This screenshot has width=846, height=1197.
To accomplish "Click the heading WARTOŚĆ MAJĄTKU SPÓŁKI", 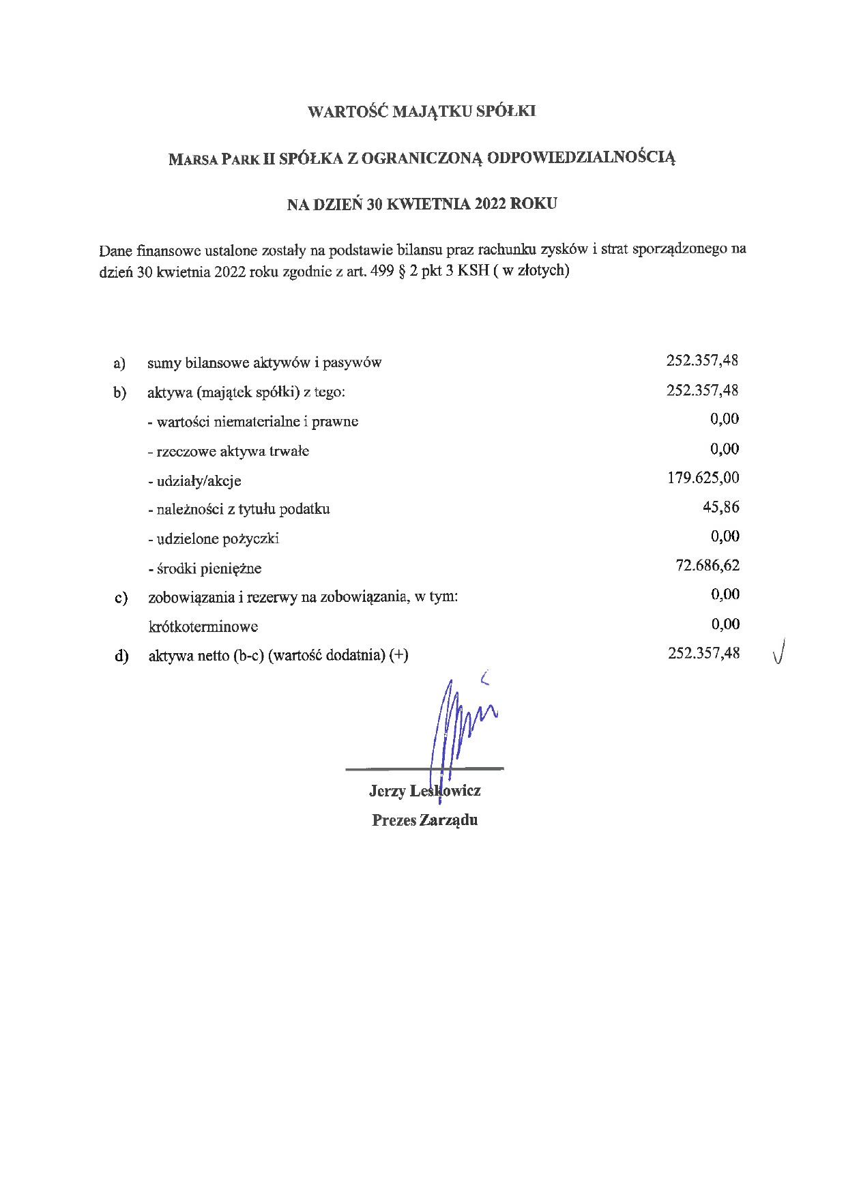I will click(422, 111).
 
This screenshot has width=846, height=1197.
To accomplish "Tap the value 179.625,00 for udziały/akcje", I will click(703, 478).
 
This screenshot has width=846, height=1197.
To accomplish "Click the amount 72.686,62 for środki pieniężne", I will click(707, 565).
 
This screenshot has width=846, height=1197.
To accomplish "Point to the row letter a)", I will click(119, 363).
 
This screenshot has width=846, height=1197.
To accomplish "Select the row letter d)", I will click(121, 656).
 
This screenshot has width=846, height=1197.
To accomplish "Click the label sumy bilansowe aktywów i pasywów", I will click(264, 363).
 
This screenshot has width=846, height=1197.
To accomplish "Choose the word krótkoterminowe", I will click(203, 626).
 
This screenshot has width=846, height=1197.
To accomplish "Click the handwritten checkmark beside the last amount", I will click(780, 651).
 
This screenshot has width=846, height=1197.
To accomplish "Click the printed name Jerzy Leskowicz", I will click(424, 791).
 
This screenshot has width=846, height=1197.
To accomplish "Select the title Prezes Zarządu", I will click(424, 820).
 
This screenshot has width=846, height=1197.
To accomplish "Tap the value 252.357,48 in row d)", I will click(703, 653).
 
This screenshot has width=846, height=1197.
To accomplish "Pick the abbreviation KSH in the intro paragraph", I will click(473, 270).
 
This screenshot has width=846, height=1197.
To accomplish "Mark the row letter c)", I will click(121, 598).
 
